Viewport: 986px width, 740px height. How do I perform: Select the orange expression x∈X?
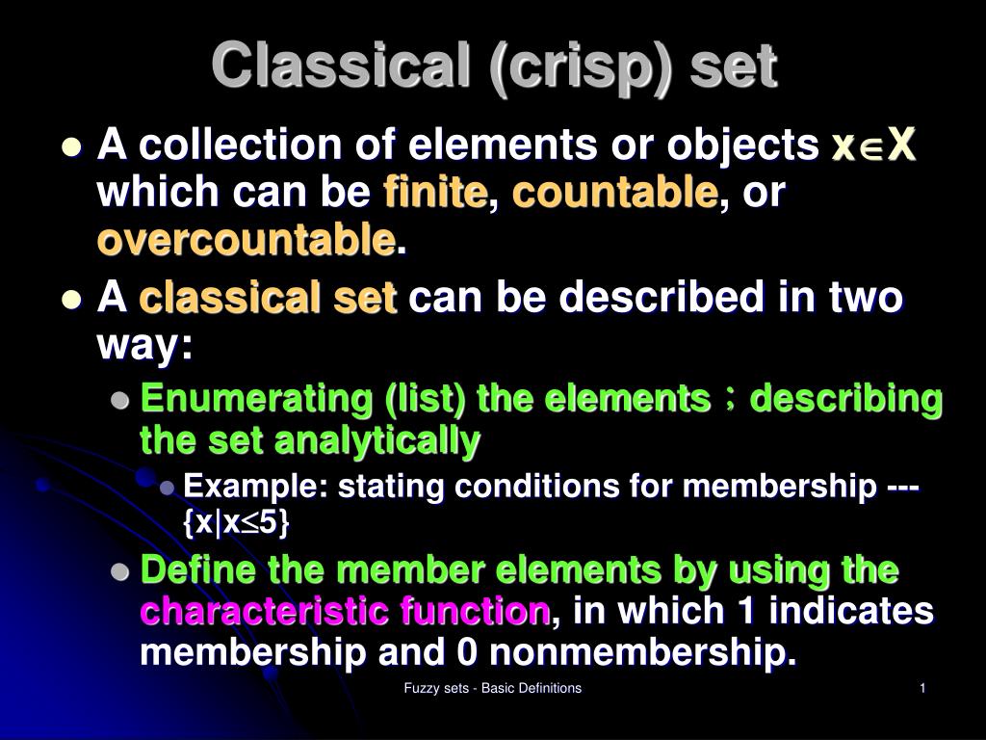(x=873, y=147)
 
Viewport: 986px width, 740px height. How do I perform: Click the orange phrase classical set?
(x=268, y=300)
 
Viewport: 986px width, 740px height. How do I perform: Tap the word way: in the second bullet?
(x=145, y=346)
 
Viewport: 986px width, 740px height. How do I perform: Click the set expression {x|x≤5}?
(x=236, y=523)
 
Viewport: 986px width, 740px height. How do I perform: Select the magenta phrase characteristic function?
(x=346, y=611)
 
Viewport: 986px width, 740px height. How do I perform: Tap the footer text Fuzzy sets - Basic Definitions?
(x=492, y=688)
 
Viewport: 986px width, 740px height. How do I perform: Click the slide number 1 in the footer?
(x=922, y=688)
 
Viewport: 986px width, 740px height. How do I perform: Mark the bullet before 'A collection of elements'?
(x=69, y=147)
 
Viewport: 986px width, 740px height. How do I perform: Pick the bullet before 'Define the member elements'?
(x=119, y=571)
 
